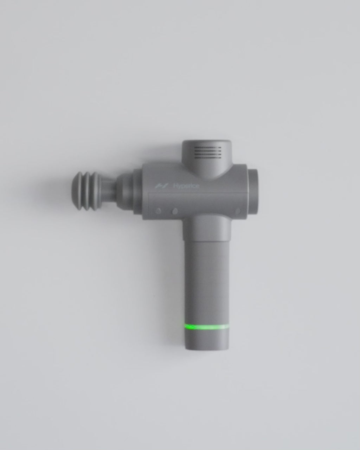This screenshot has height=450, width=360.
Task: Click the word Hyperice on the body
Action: [186, 186]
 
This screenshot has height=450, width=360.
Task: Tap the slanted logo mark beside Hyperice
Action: [160, 186]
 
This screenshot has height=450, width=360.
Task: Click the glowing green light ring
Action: [207, 327]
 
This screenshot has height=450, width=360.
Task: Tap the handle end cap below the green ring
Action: [207, 340]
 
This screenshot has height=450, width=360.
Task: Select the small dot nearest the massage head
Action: [158, 211]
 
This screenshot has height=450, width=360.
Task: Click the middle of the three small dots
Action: [175, 211]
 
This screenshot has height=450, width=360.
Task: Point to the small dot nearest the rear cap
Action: [238, 211]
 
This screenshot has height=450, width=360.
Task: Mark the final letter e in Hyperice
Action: [197, 186]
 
